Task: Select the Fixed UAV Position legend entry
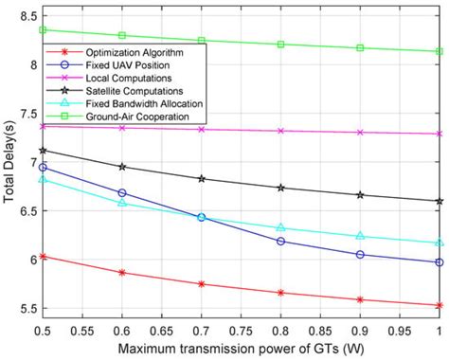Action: click(x=127, y=64)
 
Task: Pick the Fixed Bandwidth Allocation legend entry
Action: click(x=138, y=103)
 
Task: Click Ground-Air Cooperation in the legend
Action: click(x=132, y=117)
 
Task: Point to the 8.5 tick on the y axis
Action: click(x=26, y=16)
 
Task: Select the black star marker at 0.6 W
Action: click(x=122, y=167)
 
